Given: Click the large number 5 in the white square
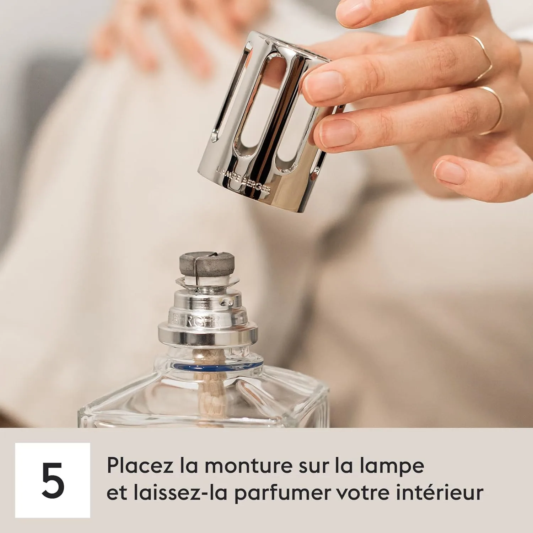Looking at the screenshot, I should [53, 480].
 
